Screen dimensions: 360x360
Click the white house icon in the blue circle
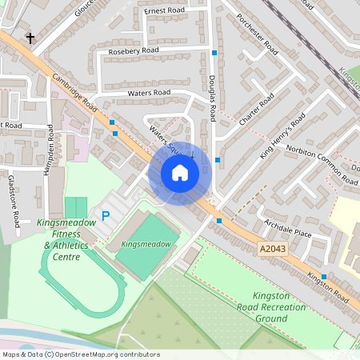[180, 173]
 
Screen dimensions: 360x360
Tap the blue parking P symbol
[105, 216]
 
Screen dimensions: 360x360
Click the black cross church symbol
[31, 38]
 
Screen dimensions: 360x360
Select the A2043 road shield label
[272, 250]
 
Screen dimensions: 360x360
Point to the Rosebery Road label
[134, 50]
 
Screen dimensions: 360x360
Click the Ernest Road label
[163, 11]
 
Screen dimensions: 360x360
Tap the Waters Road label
[149, 93]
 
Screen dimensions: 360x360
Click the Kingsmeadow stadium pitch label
[145, 242]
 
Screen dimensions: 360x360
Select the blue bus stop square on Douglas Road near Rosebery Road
[214, 53]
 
